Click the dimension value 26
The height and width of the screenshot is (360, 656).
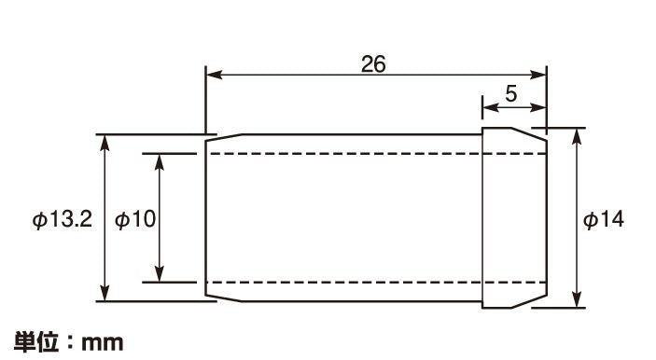[x=373, y=64]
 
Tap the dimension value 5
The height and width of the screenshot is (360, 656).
[x=510, y=93]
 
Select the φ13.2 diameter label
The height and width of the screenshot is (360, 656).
[x=62, y=219]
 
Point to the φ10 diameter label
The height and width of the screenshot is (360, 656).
[x=135, y=219]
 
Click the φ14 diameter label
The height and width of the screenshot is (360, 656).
[x=604, y=219]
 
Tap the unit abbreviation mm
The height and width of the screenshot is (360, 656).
[x=103, y=343]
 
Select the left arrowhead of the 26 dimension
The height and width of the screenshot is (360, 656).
[x=215, y=75]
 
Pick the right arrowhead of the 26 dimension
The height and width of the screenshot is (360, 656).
[x=537, y=75]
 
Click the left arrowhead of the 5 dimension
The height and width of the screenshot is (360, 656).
[x=491, y=107]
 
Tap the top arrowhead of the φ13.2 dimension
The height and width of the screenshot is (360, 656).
[x=105, y=143]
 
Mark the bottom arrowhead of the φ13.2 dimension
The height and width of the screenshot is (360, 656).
[x=105, y=292]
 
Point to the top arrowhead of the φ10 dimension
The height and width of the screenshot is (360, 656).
[x=159, y=162]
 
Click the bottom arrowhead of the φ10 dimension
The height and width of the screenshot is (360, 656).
[x=159, y=273]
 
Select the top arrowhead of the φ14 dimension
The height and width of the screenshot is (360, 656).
[x=577, y=137]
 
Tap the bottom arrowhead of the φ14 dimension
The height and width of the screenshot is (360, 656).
[x=577, y=299]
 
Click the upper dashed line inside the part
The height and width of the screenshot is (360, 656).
[x=377, y=154]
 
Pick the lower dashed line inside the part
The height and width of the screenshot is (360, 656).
[x=377, y=283]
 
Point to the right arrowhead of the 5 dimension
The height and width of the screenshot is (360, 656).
[x=537, y=107]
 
